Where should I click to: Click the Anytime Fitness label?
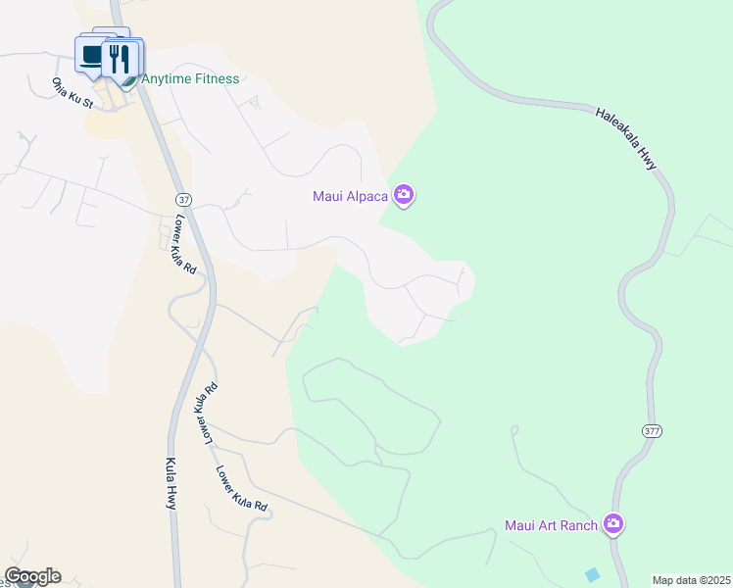pos(190,79)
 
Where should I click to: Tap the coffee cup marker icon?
pos(93,56)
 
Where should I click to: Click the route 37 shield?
pos(185,199)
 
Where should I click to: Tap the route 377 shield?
pos(653,431)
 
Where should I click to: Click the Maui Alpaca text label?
pos(351,196)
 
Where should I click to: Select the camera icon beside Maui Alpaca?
pos(404,196)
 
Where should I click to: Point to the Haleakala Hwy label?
pos(626,139)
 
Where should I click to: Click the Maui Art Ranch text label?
pos(551,526)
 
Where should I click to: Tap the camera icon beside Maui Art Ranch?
pos(613,525)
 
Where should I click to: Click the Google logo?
pos(32,576)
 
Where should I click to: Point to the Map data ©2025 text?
pos(691,580)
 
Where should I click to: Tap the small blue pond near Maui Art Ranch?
pos(591,573)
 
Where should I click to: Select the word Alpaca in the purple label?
pos(367,196)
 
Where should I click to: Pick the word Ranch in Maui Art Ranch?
pos(578,526)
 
